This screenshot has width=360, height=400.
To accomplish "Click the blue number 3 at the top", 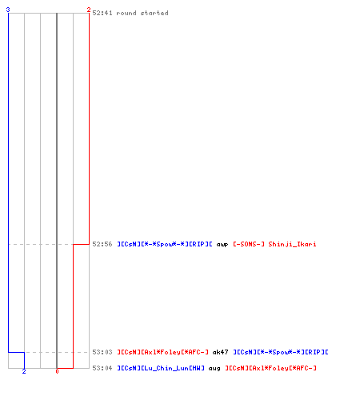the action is (x=8, y=10).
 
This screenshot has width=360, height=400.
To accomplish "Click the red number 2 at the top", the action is (x=89, y=10).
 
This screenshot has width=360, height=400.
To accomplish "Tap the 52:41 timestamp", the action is (x=102, y=13).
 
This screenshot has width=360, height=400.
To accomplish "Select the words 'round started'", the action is (x=142, y=13).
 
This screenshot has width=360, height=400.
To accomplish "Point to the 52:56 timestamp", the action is (x=102, y=244).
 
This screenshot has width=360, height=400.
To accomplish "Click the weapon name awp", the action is (x=222, y=244).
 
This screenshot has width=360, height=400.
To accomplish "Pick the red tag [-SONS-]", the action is (x=249, y=244).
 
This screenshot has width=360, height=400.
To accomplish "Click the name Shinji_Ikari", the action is (x=292, y=244).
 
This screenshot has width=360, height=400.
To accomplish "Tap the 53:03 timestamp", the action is (x=102, y=352).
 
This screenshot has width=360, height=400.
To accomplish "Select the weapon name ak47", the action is (x=220, y=352).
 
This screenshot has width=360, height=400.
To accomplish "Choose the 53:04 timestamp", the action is (x=102, y=368).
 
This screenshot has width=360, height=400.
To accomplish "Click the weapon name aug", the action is (x=214, y=369).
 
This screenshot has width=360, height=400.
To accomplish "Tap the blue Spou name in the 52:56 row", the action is (x=165, y=244).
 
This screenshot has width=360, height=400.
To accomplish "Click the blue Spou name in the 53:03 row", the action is (x=281, y=352).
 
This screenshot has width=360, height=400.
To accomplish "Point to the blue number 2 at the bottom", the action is (x=24, y=371).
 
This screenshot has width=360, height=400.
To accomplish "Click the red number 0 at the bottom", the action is (x=57, y=371).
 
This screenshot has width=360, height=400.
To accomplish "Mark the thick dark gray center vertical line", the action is (x=57, y=190).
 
